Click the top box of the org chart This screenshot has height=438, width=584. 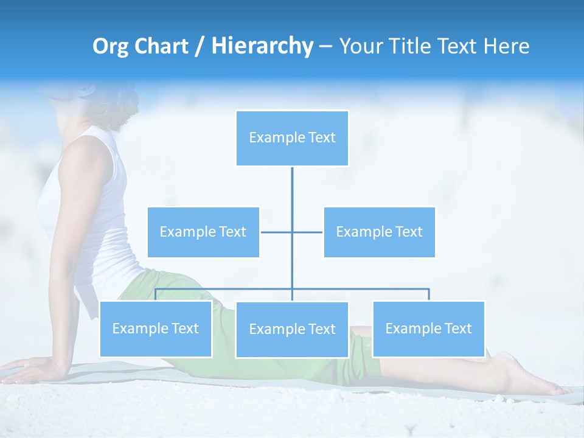(292, 138)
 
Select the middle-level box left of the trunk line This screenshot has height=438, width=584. (203, 232)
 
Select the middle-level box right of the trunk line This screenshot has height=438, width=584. (379, 232)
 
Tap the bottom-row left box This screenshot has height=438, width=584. (155, 328)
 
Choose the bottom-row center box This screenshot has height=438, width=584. (292, 329)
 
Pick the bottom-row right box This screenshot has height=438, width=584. (428, 328)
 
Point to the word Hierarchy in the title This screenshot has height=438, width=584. (262, 46)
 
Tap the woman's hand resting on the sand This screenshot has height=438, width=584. (30, 369)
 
